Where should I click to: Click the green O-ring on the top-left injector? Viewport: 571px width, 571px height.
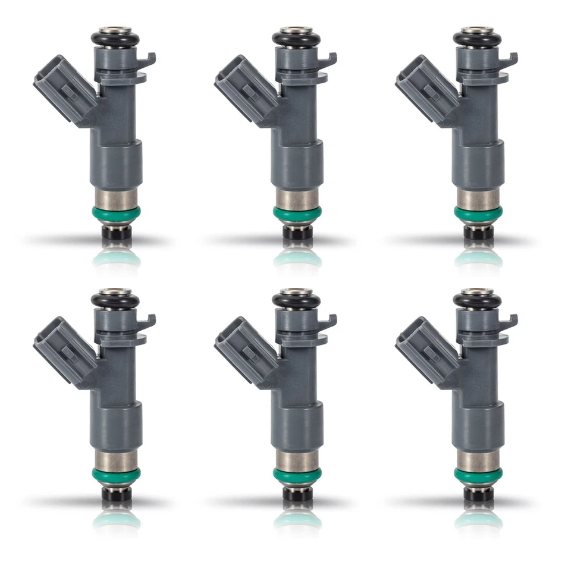117,212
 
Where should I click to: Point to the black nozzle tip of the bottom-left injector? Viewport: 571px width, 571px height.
117,493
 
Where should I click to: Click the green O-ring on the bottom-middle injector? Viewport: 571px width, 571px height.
297,474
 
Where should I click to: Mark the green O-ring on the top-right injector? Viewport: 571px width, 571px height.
478,212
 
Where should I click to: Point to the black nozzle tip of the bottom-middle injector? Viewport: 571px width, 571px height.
297,493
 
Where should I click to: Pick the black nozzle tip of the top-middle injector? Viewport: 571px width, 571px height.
297,232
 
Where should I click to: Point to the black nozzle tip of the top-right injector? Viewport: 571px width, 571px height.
478,232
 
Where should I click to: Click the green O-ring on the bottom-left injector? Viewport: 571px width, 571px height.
117,474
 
